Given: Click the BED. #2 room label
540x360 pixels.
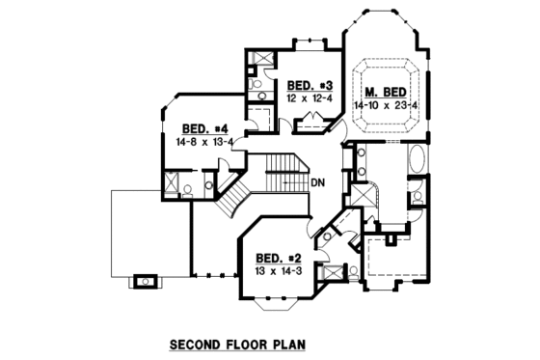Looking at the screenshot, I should point(278,258).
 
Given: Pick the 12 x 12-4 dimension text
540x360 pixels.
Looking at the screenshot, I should point(309,97).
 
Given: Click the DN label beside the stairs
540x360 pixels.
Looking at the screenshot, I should point(319,182).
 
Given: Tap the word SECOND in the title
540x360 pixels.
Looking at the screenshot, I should point(197,343).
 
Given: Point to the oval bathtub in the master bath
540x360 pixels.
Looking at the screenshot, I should point(418,159).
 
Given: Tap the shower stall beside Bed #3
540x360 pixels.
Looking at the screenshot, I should point(257,60).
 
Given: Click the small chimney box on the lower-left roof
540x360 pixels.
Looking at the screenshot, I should point(146,281).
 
